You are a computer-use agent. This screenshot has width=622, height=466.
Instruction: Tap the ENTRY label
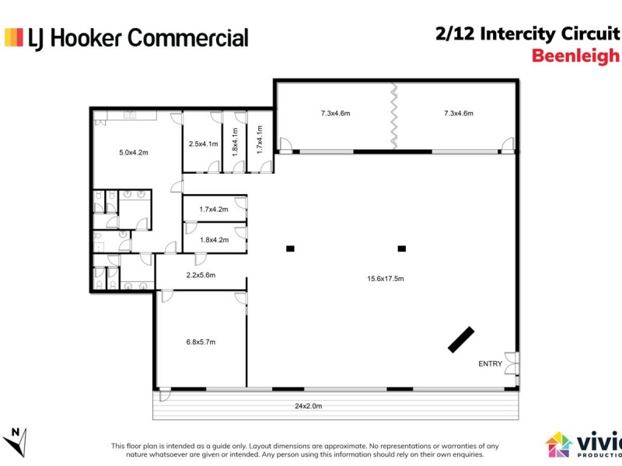(490, 363)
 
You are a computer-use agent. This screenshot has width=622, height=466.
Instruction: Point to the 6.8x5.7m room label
(201, 342)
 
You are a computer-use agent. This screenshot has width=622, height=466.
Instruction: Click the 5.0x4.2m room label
(133, 152)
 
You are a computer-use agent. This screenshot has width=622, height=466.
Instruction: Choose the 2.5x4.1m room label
(202, 144)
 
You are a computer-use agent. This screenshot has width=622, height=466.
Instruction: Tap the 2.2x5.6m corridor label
(201, 275)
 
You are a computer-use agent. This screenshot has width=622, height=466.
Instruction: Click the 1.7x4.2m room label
(214, 209)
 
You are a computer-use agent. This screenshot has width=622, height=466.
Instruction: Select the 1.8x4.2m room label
(214, 240)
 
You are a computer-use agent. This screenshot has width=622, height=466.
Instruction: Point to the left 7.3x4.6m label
(335, 113)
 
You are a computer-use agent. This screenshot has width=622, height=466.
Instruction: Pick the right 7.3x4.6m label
(458, 113)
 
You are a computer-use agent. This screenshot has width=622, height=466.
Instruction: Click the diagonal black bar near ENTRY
(461, 339)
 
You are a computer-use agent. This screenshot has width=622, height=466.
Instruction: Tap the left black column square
(290, 249)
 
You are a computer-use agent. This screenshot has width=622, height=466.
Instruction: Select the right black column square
(402, 249)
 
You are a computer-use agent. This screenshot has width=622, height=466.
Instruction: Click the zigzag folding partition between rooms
(393, 116)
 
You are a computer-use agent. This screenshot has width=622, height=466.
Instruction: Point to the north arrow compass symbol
(16, 440)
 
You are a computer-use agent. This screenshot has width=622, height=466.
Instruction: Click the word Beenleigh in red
(575, 56)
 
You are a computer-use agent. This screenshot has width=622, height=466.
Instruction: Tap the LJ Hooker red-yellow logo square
(14, 37)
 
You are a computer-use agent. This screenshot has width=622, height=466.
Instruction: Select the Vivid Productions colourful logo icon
(558, 444)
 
